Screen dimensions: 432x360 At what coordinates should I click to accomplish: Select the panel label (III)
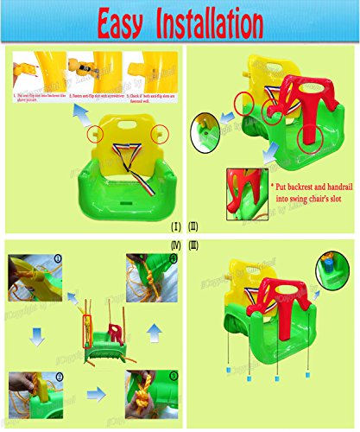194,245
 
